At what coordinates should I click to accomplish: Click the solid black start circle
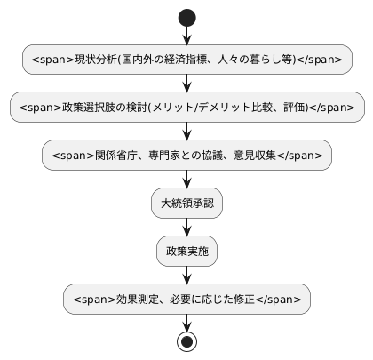[x=186, y=17]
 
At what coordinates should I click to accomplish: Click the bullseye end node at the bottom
[x=186, y=342]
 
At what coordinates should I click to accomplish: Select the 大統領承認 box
[x=186, y=204]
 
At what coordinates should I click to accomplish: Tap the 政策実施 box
[x=186, y=252]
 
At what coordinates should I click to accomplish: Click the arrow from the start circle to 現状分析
[x=186, y=35]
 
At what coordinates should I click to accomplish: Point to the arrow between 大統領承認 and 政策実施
[x=186, y=228]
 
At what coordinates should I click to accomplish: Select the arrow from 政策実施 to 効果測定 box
[x=186, y=276]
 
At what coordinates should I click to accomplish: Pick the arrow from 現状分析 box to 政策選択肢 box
[x=186, y=83]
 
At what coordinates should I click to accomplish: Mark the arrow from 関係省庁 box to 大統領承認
[x=186, y=179]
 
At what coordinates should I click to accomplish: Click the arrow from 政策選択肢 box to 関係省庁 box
[x=186, y=131]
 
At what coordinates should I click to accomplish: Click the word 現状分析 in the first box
[x=92, y=60]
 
